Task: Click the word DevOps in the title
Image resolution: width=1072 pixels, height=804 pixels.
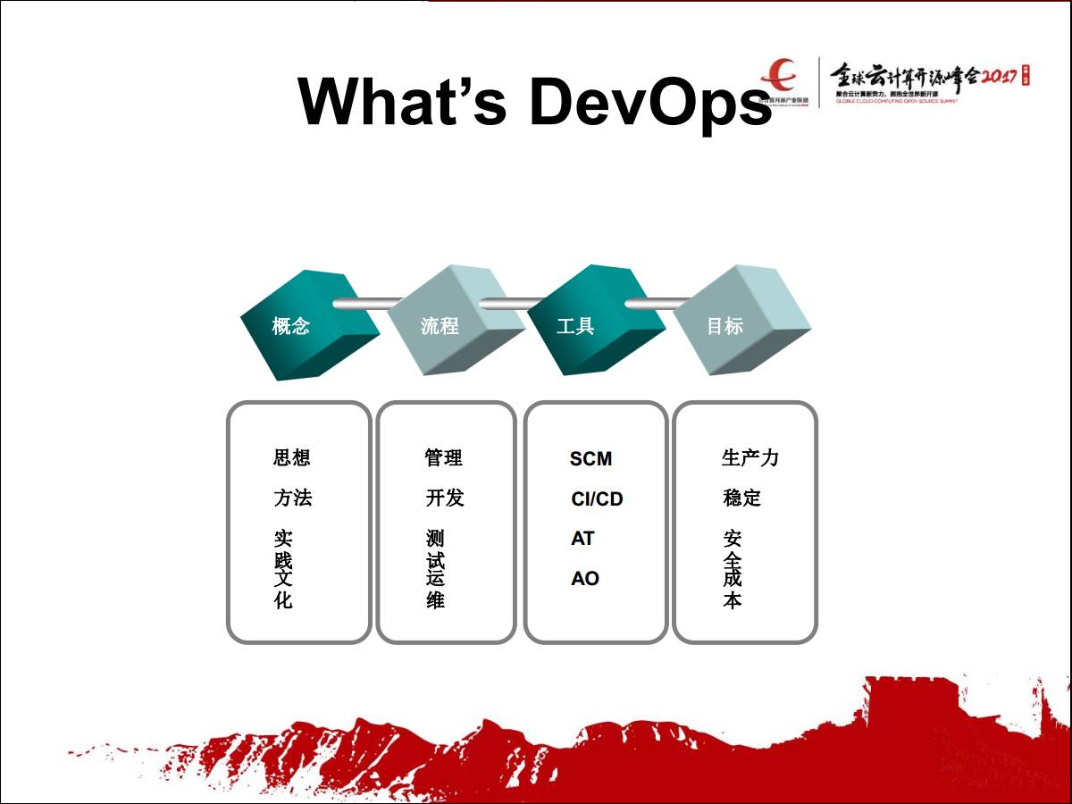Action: [649, 101]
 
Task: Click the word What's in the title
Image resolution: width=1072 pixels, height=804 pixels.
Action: [403, 101]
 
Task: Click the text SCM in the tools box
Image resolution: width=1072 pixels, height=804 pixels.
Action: [590, 459]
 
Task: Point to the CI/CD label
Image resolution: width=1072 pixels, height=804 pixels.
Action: [597, 499]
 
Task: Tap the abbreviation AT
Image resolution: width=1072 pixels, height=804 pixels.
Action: [582, 539]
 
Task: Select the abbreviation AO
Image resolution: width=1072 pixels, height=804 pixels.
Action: [585, 579]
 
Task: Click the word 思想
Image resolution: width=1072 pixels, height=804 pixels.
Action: [291, 458]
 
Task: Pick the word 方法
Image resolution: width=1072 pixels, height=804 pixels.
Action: [292, 498]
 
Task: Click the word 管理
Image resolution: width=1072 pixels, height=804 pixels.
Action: [443, 458]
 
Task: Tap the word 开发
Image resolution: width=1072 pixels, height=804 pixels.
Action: [444, 498]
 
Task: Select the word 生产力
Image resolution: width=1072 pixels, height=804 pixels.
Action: [750, 458]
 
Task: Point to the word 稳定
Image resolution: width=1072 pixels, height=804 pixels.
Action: [741, 498]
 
